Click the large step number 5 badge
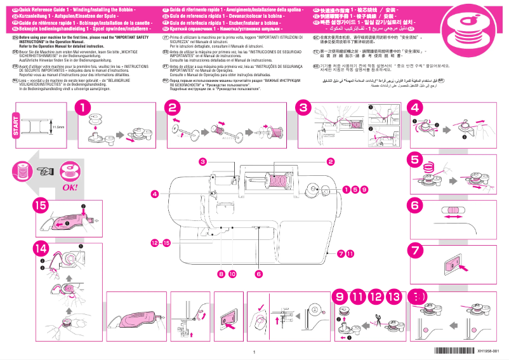(x=415, y=159)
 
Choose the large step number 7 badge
(x=415, y=250)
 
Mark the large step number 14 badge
(x=41, y=248)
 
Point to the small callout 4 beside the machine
(x=154, y=193)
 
